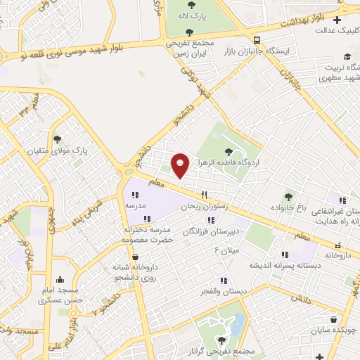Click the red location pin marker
click(x=180, y=165)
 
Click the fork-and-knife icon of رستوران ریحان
click(x=205, y=195)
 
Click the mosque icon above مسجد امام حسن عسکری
click(x=59, y=279)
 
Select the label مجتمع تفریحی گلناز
click(x=226, y=351)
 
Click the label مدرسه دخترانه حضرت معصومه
click(x=147, y=235)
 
